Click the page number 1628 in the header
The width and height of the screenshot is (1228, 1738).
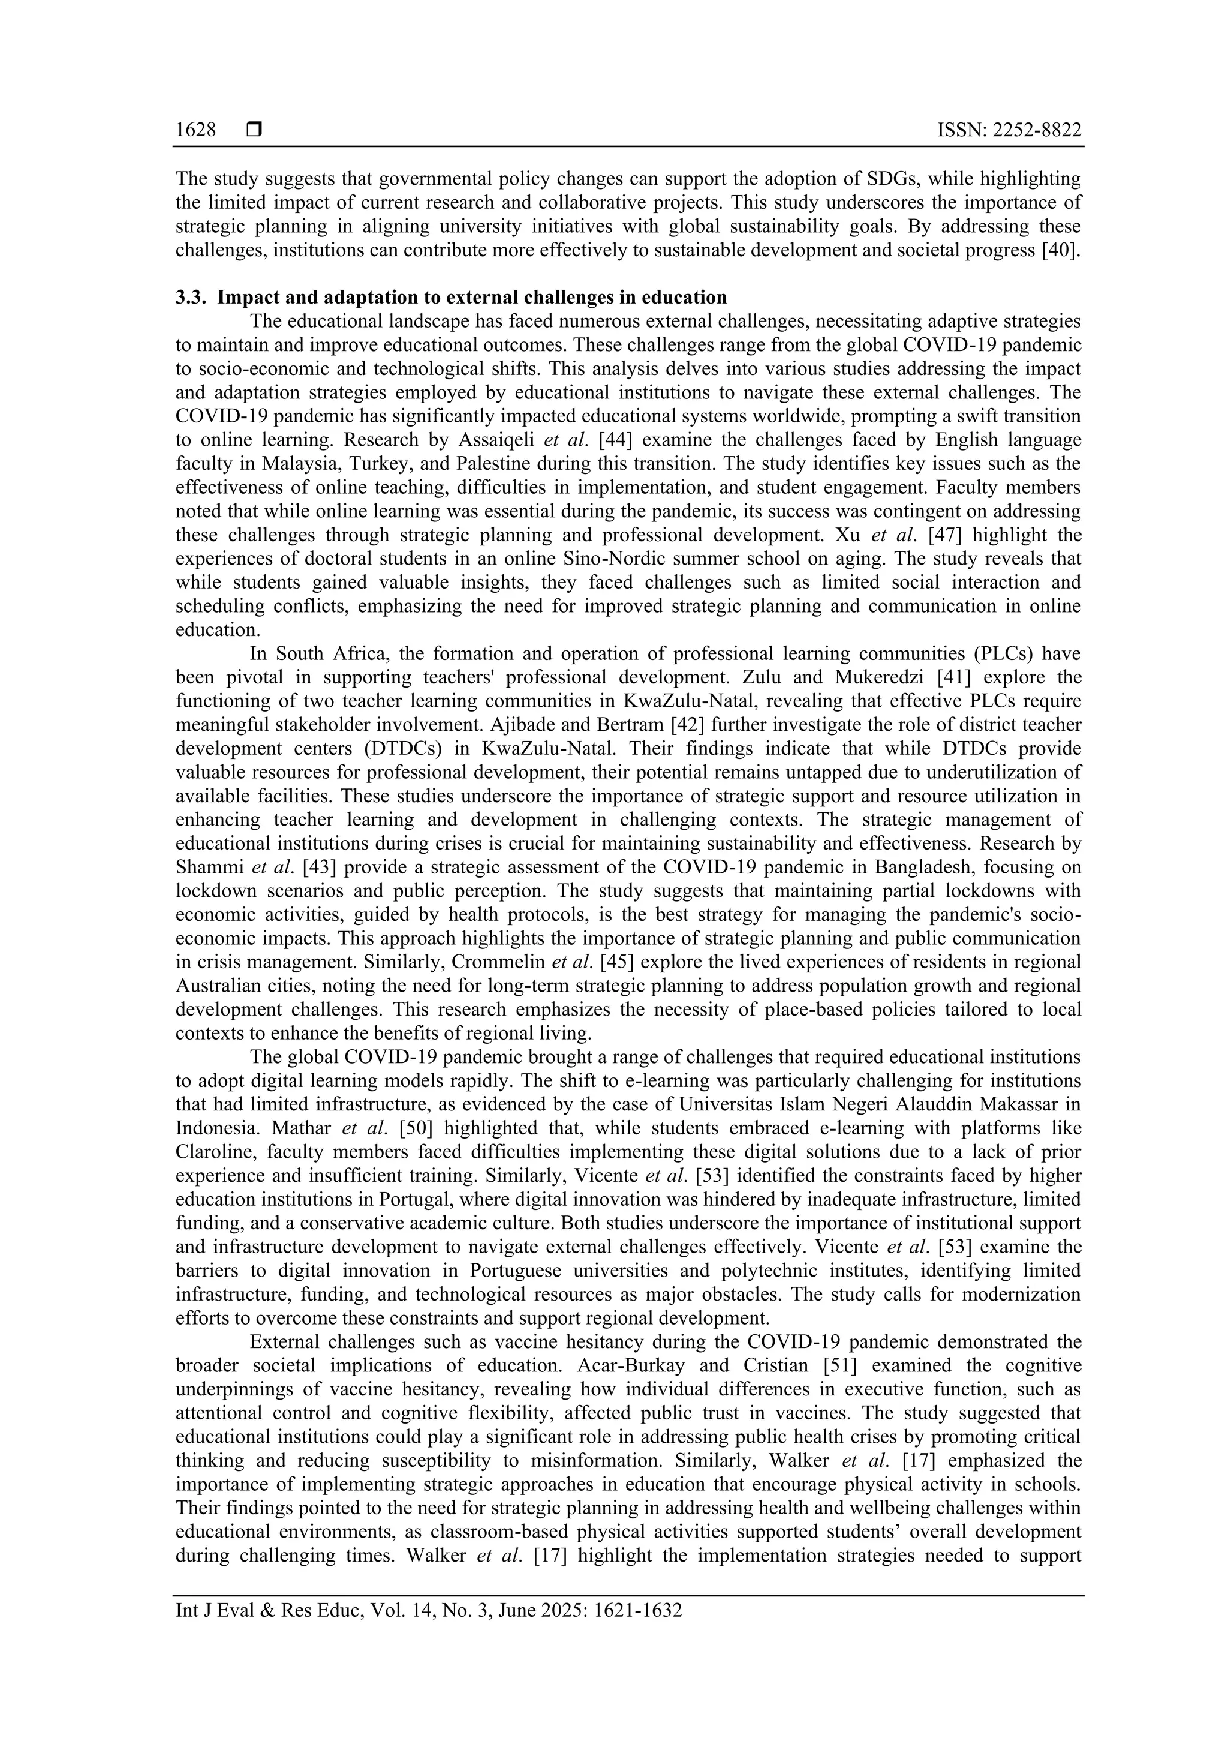click(196, 130)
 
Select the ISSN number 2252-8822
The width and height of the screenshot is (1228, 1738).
click(1040, 130)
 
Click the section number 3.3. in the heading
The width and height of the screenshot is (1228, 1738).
click(191, 298)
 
